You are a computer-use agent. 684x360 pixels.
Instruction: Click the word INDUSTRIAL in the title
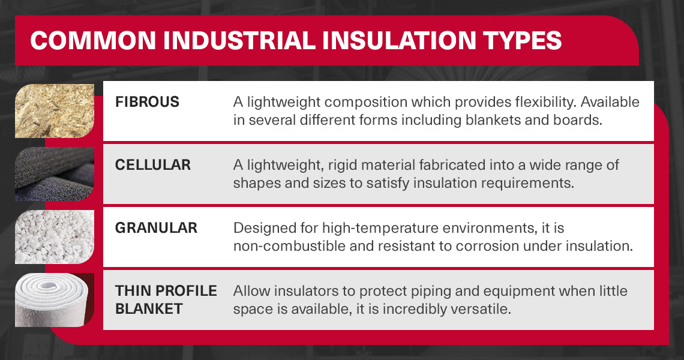coord(239,41)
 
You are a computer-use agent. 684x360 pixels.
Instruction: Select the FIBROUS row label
coord(147,102)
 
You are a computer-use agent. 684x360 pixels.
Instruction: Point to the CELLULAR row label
coord(152,165)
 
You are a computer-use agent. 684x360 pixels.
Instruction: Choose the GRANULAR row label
coord(156,228)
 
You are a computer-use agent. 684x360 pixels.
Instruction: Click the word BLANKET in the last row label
coord(149,309)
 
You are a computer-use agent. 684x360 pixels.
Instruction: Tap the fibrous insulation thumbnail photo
coord(55,111)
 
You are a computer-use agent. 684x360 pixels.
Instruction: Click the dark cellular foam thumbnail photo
coord(55,173)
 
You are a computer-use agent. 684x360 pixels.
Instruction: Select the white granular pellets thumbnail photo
coord(55,237)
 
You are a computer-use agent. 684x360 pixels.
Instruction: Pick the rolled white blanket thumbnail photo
coord(55,300)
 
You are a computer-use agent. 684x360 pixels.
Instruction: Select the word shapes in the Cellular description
coord(257,184)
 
